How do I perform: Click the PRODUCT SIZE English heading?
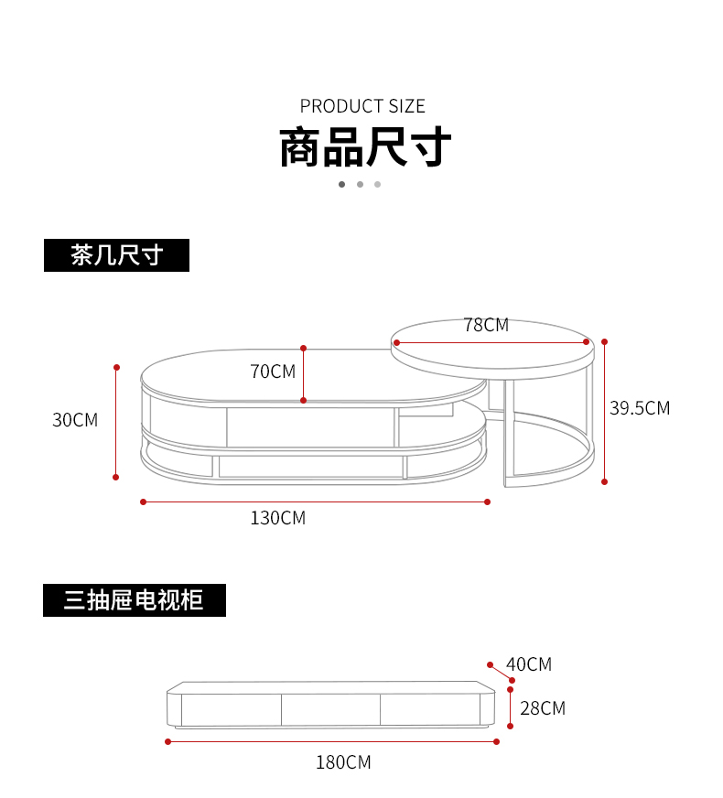tap(362, 106)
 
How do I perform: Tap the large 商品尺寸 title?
tap(364, 147)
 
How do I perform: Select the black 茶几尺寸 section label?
tap(116, 255)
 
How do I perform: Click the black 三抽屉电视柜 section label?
tap(134, 600)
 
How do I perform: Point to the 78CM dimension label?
tap(485, 325)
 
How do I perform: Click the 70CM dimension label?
tap(273, 371)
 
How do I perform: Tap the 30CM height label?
tap(75, 420)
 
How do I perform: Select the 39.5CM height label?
tap(640, 408)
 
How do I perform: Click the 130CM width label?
tap(278, 518)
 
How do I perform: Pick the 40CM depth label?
tap(529, 664)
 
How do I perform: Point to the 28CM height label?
tap(543, 707)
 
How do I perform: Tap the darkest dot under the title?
tap(341, 184)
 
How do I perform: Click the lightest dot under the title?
tap(377, 184)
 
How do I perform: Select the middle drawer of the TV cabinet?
tap(330, 709)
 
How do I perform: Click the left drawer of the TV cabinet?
tap(231, 709)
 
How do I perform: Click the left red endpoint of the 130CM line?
tap(144, 501)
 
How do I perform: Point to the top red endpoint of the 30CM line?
tap(116, 368)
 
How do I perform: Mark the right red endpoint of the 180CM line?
tap(497, 741)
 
